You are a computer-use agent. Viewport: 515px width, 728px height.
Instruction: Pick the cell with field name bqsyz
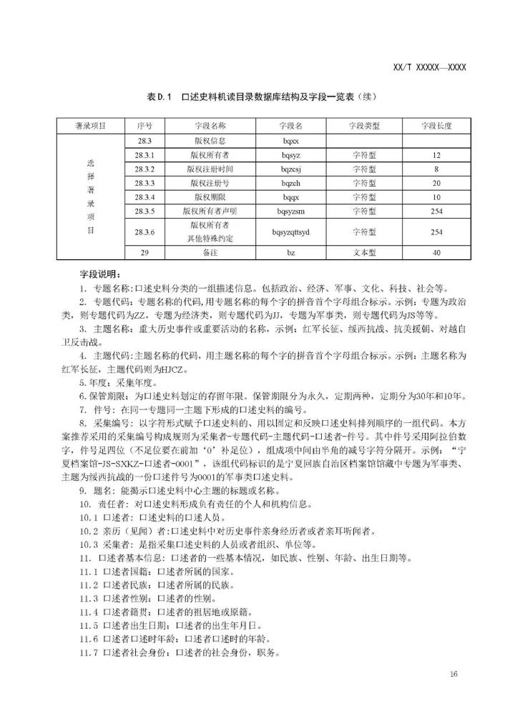pos(290,154)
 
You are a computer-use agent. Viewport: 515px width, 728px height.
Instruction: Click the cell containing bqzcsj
pos(290,169)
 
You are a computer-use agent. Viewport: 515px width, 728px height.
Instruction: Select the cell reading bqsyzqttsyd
pos(290,232)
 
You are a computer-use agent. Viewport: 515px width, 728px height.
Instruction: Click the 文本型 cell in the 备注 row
pos(363,253)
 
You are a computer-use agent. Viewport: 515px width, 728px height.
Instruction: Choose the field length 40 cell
pos(437,253)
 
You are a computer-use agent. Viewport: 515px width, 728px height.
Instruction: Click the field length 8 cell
pos(437,169)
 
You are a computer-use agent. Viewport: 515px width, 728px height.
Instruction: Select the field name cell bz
pos(290,253)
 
